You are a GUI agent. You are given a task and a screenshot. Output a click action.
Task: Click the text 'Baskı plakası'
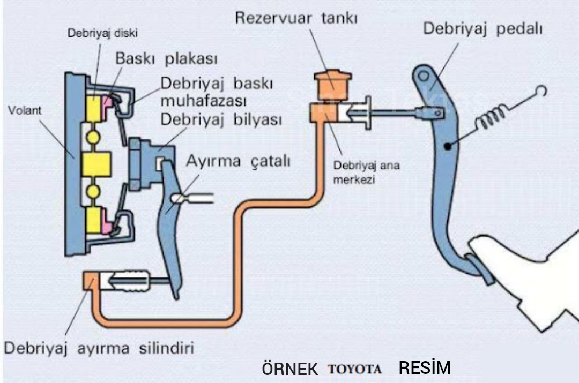coord(166,58)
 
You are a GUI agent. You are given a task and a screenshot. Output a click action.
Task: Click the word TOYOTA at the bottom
coord(355,369)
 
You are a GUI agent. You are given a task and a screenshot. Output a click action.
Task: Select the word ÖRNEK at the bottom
coord(290,369)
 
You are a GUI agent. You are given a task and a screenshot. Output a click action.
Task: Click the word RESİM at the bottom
coord(425,368)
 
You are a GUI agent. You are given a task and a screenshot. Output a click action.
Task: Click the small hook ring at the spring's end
coord(541,91)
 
